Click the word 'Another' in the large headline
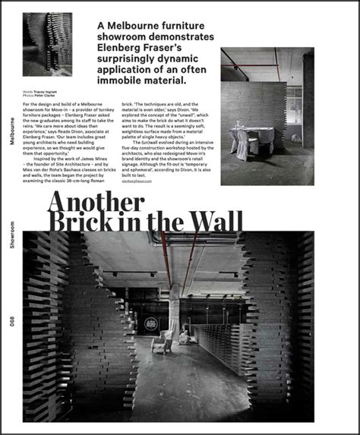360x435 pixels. [x=95, y=201]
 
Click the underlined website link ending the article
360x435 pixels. [x=137, y=181]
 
